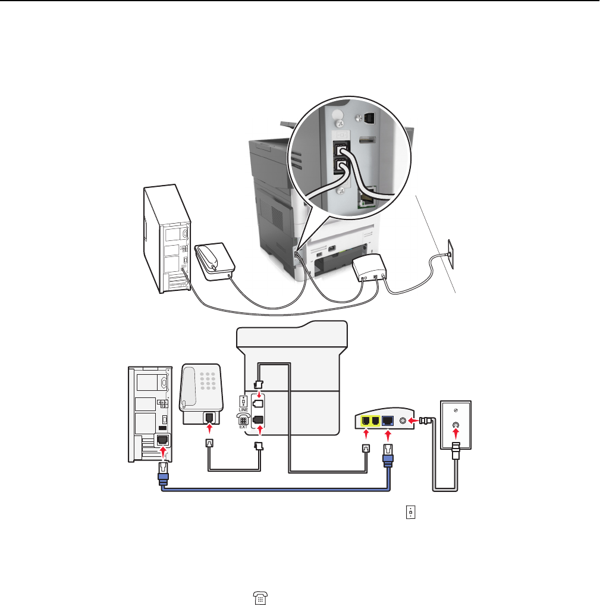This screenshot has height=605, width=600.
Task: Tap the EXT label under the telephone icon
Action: pos(243,426)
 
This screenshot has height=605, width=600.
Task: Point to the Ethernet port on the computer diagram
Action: pos(161,441)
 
